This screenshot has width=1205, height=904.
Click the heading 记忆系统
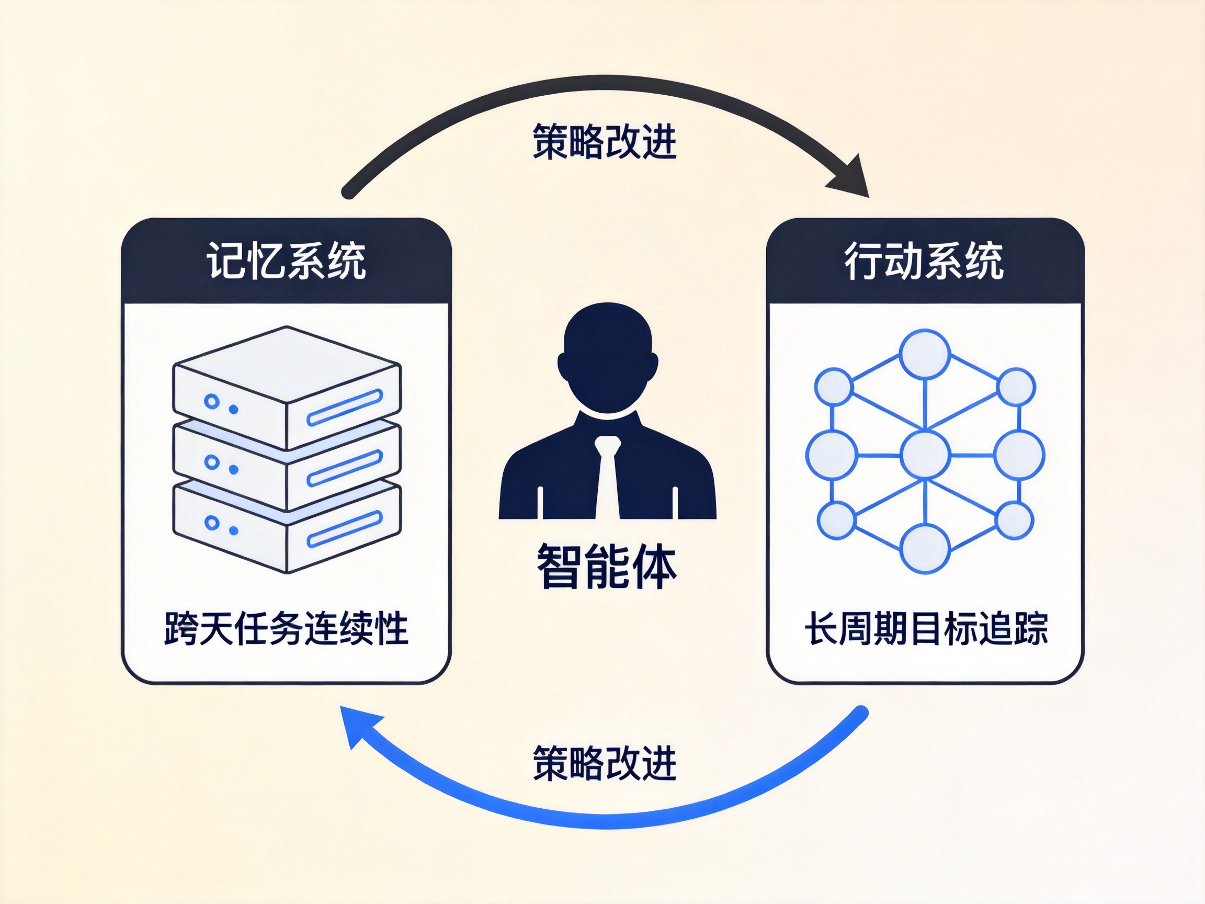286,261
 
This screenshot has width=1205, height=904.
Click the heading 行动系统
924,261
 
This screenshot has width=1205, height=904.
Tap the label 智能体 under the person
606,567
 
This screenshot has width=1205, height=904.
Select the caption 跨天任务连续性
286,628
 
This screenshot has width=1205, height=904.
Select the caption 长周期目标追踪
926,628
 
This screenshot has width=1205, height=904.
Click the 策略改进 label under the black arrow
604,142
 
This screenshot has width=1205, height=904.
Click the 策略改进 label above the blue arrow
604,763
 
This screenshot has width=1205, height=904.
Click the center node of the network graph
925,455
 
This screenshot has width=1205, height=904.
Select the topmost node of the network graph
925,354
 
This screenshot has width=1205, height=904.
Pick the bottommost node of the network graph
925,549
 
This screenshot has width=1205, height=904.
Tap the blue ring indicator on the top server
211,402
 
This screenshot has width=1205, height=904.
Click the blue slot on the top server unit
344,407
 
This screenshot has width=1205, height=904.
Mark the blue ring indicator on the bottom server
211,523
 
